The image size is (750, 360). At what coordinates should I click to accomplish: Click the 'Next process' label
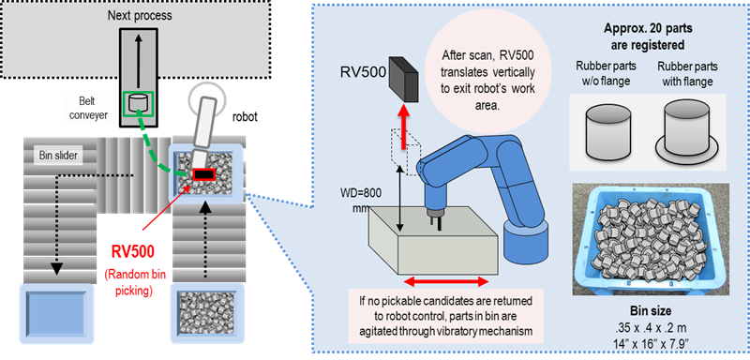pos(139,16)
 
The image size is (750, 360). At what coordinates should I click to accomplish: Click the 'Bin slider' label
pos(57,156)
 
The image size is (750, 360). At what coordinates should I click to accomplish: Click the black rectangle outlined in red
pos(204,175)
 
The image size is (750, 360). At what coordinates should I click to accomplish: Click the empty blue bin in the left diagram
pos(54,315)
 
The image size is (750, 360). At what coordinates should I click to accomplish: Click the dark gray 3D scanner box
pos(404,79)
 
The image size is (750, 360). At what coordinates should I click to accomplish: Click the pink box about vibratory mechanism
pos(446,315)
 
